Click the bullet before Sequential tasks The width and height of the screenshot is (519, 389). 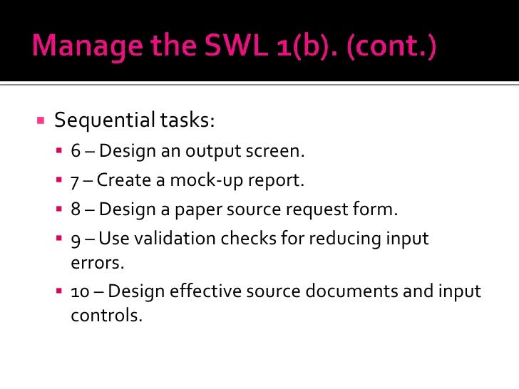click(x=41, y=119)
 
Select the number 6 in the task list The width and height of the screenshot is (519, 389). click(x=76, y=152)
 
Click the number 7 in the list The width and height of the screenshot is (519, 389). click(x=76, y=181)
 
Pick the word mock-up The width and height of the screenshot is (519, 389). click(x=197, y=181)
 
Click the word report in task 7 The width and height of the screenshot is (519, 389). click(x=276, y=181)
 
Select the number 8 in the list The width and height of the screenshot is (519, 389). click(x=76, y=209)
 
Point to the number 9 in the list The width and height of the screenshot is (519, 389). click(x=76, y=239)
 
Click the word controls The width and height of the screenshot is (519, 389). click(x=106, y=315)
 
